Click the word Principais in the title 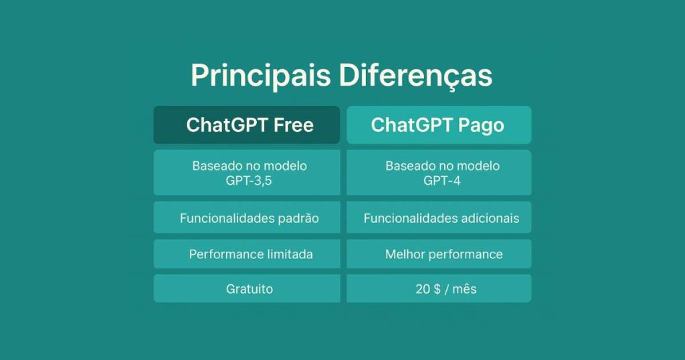(x=260, y=76)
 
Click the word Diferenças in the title (x=415, y=76)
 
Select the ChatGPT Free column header (x=247, y=125)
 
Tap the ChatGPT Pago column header (x=438, y=125)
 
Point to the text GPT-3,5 (x=249, y=181)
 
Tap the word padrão (x=298, y=219)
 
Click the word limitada (x=290, y=254)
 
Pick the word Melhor (x=405, y=254)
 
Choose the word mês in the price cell (x=464, y=289)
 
